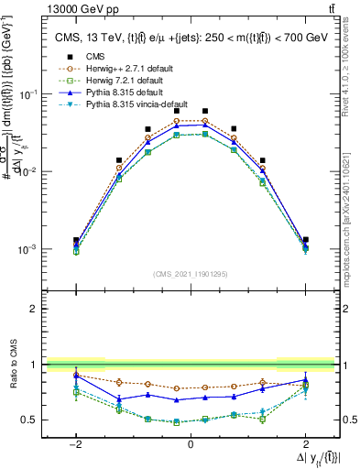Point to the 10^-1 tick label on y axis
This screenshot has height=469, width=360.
tap(31, 94)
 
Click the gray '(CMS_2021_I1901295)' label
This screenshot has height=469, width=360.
tap(191, 274)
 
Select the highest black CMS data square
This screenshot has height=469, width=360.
tap(177, 111)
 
